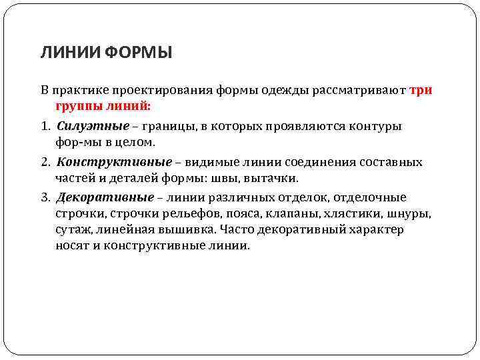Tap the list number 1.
46,127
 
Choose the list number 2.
46,163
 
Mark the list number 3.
46,198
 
